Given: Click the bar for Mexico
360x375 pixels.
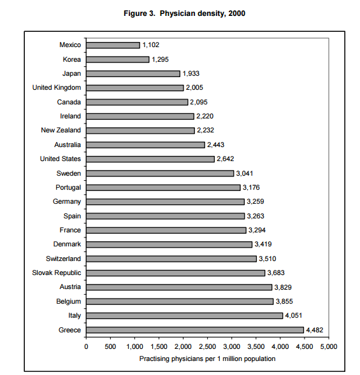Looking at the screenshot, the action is point(113,45).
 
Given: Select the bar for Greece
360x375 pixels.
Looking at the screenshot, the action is point(195,330).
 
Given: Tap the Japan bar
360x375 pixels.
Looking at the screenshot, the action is point(133,74).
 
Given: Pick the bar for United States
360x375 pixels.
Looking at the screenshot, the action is point(150,159).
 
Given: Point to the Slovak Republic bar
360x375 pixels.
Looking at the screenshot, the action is point(176,273).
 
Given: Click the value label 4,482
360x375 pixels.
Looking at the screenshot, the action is point(315,330).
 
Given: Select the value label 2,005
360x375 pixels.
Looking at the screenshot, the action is point(194,87).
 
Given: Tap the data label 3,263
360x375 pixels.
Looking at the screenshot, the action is point(256,216).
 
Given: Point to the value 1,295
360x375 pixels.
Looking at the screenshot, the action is point(160,59).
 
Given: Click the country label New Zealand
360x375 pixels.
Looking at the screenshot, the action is point(61,130).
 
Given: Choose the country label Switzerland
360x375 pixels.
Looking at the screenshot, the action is point(64,258).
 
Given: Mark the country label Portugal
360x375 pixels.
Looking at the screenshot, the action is point(68,187).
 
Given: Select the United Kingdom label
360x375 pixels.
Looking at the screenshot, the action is point(57,87).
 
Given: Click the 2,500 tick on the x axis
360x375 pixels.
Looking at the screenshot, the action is point(207,346).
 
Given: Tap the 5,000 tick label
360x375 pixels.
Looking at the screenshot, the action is point(329,346).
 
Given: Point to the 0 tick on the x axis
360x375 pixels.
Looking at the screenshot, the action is point(86,346).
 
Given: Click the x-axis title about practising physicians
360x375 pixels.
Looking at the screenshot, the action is point(207,358).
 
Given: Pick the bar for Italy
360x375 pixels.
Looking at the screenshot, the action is point(185,316).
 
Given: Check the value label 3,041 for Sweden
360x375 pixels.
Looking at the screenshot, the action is point(245,173).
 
